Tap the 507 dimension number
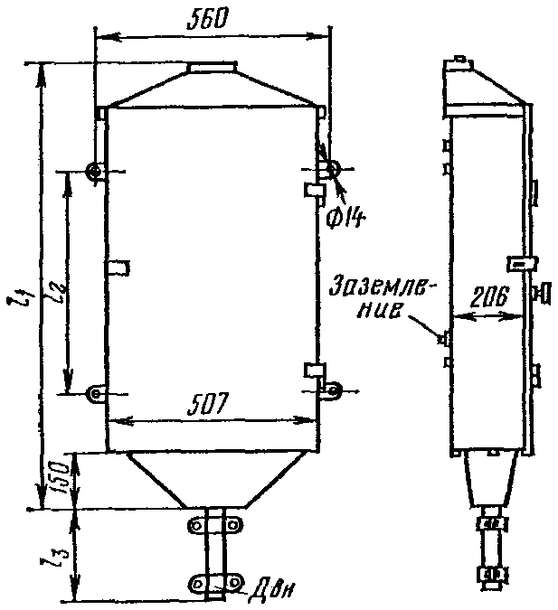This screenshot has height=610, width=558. pos(207,405)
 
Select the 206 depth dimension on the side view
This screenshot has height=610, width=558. pos(488,299)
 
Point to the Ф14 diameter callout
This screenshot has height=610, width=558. pos(345,219)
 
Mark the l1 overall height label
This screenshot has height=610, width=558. pos(20,300)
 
